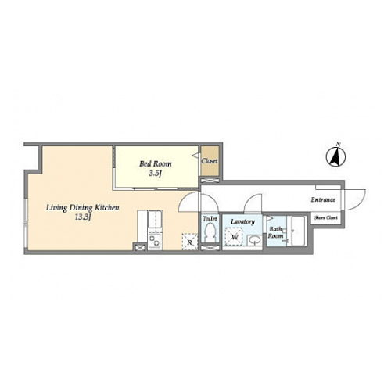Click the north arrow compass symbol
point(336,156)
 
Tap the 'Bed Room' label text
point(156,164)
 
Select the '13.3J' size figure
point(83,217)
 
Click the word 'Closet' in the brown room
point(210,161)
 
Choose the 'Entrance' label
point(323,200)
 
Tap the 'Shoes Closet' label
point(326,217)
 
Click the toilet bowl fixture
point(210,233)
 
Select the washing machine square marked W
point(234,236)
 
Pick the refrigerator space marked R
point(190,242)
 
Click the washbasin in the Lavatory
point(254,240)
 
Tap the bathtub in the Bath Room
point(298,231)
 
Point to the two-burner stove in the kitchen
point(155,240)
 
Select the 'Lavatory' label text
point(242,222)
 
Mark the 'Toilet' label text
point(210,219)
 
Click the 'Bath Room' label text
point(275,232)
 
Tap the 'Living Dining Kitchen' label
point(83,208)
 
